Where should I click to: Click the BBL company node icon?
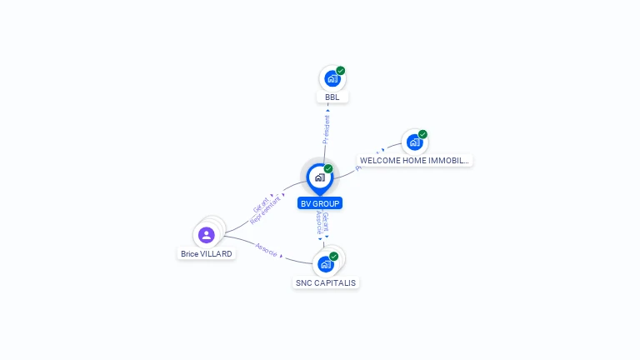pos(332,79)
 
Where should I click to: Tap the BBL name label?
pos(332,97)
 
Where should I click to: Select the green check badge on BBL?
pos(341,71)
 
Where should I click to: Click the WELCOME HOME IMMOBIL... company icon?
pos(414,142)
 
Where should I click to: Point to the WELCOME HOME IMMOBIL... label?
pos(415,160)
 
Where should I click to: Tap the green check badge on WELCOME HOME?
pos(422,134)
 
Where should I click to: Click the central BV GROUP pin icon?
pos(319,177)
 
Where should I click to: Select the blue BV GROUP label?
pos(320,202)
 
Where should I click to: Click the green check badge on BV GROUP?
pos(328,168)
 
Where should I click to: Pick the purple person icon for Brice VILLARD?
pos(207,235)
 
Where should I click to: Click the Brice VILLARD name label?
pos(207,253)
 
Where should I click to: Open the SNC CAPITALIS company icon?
pos(325,264)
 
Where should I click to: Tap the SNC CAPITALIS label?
pos(326,282)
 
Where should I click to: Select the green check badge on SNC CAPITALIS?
pos(334,256)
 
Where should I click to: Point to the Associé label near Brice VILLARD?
pos(267,249)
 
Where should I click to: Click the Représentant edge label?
pos(266,212)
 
